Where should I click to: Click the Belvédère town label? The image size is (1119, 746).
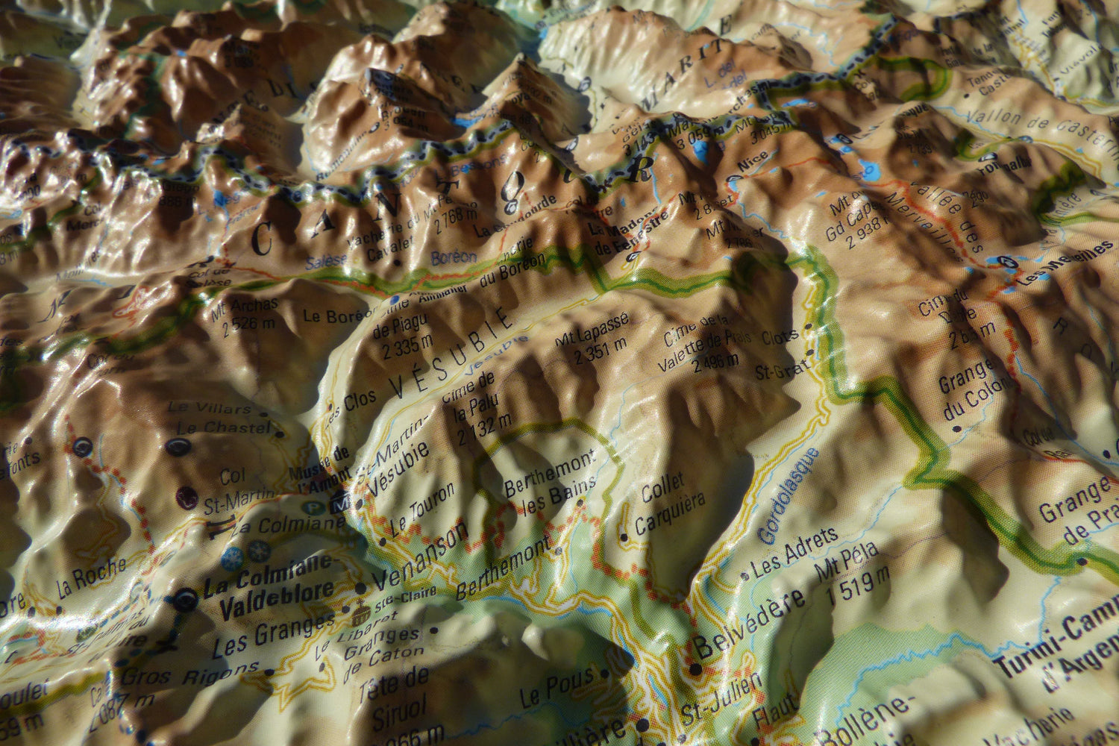click(750, 620)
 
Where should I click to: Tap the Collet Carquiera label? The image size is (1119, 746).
click(669, 506)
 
